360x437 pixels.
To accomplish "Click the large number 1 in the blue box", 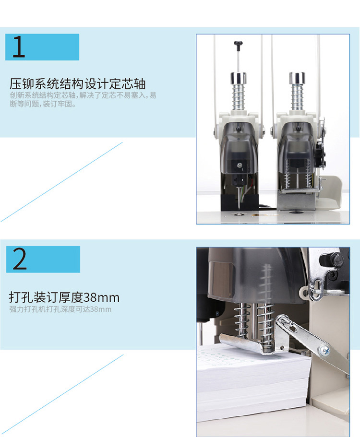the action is tap(19, 47).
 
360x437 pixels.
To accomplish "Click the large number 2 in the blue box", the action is tap(20, 259).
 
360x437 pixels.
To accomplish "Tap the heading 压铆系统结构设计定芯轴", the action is tap(78, 83).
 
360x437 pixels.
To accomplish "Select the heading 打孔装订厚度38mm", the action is tap(64, 297).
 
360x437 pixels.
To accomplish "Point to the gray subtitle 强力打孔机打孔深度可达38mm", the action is tap(60, 309).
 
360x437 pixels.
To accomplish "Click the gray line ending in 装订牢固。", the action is tap(43, 104).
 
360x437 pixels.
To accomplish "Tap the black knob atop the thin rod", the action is tap(238, 44).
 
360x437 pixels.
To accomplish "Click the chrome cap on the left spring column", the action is tap(238, 78).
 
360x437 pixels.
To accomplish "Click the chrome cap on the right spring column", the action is tap(297, 78).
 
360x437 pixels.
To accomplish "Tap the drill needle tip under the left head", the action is tap(239, 208).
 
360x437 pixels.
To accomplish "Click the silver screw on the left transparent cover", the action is tap(239, 165).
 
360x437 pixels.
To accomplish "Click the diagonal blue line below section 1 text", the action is tap(61, 182).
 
